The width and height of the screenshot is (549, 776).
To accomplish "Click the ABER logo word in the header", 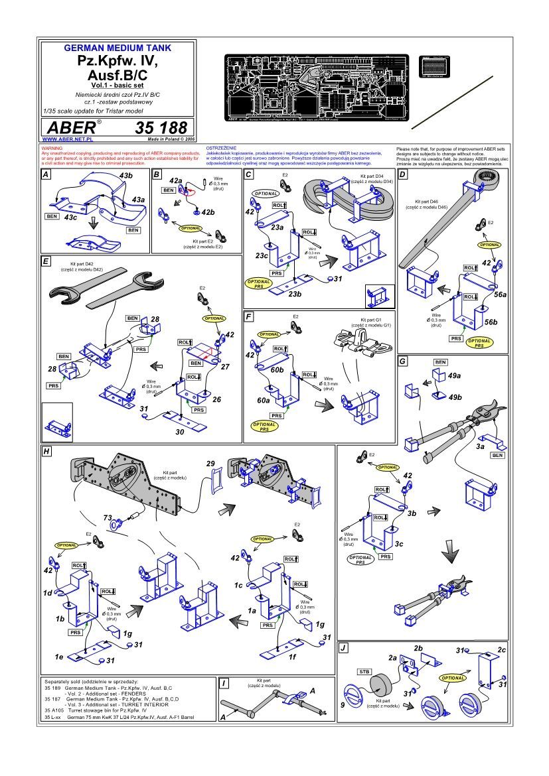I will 69,127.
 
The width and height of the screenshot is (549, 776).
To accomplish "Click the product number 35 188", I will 163,127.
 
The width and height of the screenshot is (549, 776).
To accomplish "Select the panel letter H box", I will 47,451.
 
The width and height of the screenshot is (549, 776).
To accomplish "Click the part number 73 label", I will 107,517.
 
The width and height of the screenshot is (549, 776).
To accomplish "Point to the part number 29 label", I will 211,463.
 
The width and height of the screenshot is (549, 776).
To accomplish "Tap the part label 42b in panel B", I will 208,212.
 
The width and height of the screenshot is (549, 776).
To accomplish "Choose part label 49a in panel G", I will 455,375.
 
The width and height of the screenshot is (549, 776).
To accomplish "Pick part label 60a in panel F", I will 264,401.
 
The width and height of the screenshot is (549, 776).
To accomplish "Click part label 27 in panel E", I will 225,366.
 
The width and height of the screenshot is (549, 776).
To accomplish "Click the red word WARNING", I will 52,148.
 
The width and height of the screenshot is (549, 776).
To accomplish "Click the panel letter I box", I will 226,683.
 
